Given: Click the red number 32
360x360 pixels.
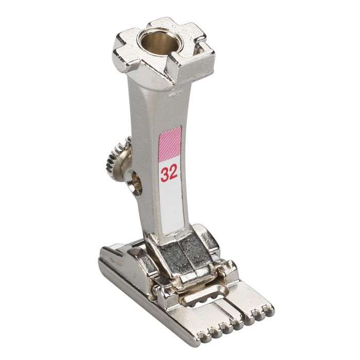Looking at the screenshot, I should pyautogui.click(x=169, y=174).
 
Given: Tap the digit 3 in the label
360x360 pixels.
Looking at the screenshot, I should pyautogui.click(x=165, y=174).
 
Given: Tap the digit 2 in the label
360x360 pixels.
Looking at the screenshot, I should pyautogui.click(x=173, y=174).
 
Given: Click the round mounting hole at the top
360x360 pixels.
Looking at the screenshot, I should pyautogui.click(x=158, y=44).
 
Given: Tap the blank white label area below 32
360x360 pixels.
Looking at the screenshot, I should pyautogui.click(x=170, y=206).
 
